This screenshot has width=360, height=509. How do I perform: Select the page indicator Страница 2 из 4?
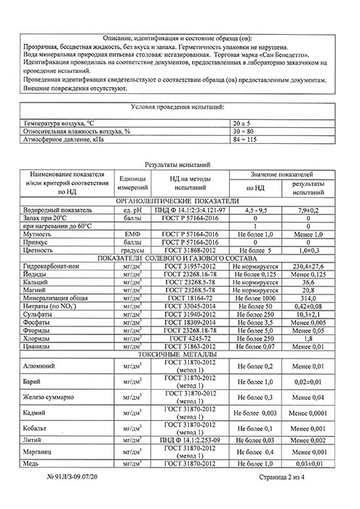tap(292, 497)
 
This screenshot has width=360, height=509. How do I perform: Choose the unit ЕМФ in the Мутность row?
tap(132, 235)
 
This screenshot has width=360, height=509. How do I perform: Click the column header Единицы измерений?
tap(132, 184)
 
